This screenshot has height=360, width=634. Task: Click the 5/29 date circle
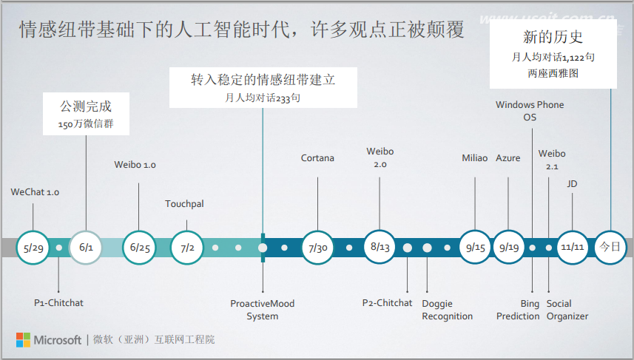pos(34,248)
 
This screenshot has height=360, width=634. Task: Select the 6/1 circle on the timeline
pos(86,248)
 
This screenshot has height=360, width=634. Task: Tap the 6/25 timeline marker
pos(139,248)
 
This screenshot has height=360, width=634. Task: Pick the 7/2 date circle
pos(187,248)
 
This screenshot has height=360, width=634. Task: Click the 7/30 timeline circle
pos(317,248)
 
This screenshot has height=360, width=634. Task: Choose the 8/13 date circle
pos(380,248)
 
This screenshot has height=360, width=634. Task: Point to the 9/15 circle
pos(475,248)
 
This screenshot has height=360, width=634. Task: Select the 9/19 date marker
pos(508,248)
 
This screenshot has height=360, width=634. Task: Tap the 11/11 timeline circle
pos(572,248)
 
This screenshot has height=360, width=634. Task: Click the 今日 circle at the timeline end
pos(611,248)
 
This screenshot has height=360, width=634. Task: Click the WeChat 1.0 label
pos(35,192)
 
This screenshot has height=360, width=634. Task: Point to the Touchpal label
pos(185,203)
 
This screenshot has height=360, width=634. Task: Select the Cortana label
pos(317,158)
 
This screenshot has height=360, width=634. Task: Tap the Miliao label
pos(475,158)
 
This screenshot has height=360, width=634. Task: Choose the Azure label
pos(508,158)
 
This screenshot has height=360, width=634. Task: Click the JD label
pos(572,183)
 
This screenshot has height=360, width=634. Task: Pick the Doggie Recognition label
pos(447,310)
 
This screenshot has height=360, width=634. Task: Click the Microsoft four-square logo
pos(24,340)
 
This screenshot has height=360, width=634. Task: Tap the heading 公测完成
pos(85,106)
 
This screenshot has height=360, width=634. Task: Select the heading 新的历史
pos(553,36)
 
